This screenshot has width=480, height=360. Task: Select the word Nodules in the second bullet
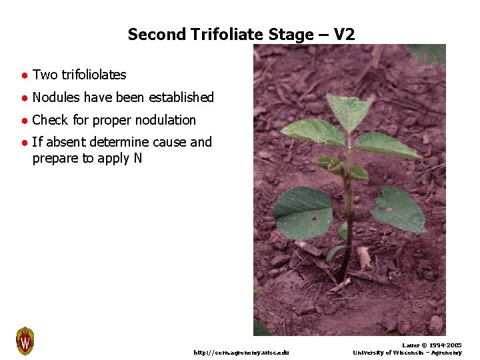pyautogui.click(x=54, y=97)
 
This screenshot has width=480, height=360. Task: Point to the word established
pyautogui.click(x=181, y=97)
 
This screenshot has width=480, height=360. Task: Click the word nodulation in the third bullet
pyautogui.click(x=164, y=120)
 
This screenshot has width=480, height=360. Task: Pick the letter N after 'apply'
pyautogui.click(x=137, y=159)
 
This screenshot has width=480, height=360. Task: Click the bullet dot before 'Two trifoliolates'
pyautogui.click(x=23, y=75)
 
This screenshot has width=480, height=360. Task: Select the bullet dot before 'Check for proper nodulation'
pyautogui.click(x=23, y=121)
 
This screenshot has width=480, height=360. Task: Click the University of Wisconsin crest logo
pyautogui.click(x=25, y=341)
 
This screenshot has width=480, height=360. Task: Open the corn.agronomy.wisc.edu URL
pyautogui.click(x=241, y=352)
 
